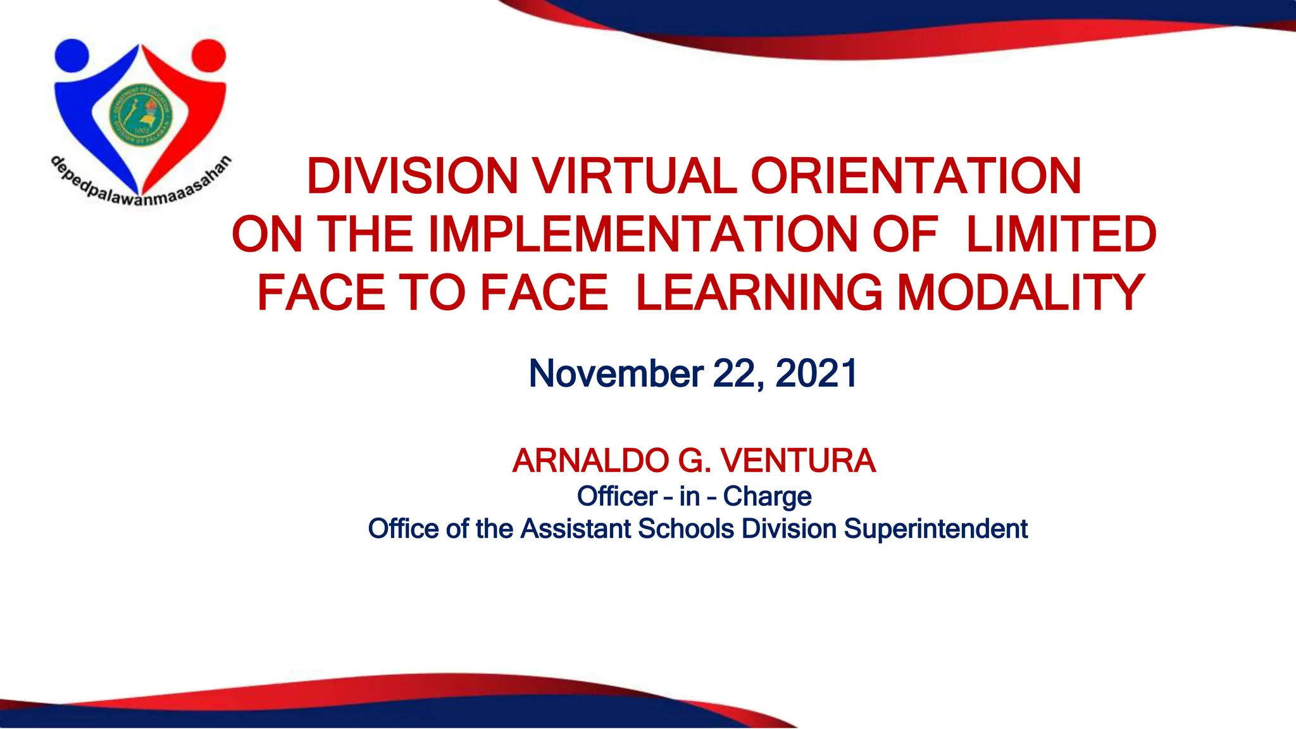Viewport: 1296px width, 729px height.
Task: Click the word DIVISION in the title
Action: pyautogui.click(x=412, y=176)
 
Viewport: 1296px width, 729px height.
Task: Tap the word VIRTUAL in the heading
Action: pyautogui.click(x=634, y=176)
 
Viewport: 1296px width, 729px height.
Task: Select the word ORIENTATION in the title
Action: pyautogui.click(x=916, y=176)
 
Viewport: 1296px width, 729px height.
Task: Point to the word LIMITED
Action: pyautogui.click(x=1061, y=235)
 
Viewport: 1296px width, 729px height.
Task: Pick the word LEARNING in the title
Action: pyautogui.click(x=758, y=293)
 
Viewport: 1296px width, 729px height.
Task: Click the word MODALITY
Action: pyautogui.click(x=1021, y=293)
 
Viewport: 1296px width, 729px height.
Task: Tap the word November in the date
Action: pyautogui.click(x=615, y=373)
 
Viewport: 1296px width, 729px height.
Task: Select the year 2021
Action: pyautogui.click(x=816, y=373)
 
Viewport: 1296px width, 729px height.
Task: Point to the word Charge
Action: pyautogui.click(x=767, y=497)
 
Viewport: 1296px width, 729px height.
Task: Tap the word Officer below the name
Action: pyautogui.click(x=617, y=497)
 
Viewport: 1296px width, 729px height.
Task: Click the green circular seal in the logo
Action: pyautogui.click(x=140, y=115)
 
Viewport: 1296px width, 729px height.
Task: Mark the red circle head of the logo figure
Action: pyautogui.click(x=209, y=56)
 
